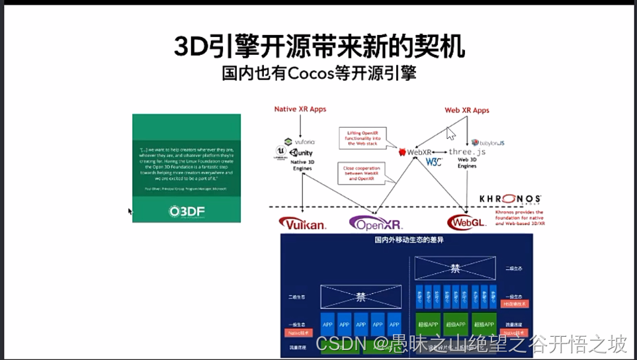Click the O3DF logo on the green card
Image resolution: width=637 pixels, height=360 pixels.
[x=186, y=211]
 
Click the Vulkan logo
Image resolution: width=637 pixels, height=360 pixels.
[x=302, y=224]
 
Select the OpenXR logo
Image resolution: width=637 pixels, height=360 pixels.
[x=376, y=224]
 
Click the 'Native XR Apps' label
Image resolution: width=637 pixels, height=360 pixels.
[x=300, y=109]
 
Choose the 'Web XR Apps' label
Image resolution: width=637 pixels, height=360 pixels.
[x=466, y=110]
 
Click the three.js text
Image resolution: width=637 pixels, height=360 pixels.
[x=467, y=152]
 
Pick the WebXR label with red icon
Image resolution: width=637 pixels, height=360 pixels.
[x=415, y=152]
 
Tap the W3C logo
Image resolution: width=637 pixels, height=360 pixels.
[x=433, y=162]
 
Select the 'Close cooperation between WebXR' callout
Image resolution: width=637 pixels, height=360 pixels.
[x=362, y=173]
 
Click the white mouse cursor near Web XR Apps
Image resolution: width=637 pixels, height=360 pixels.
[x=451, y=133]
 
